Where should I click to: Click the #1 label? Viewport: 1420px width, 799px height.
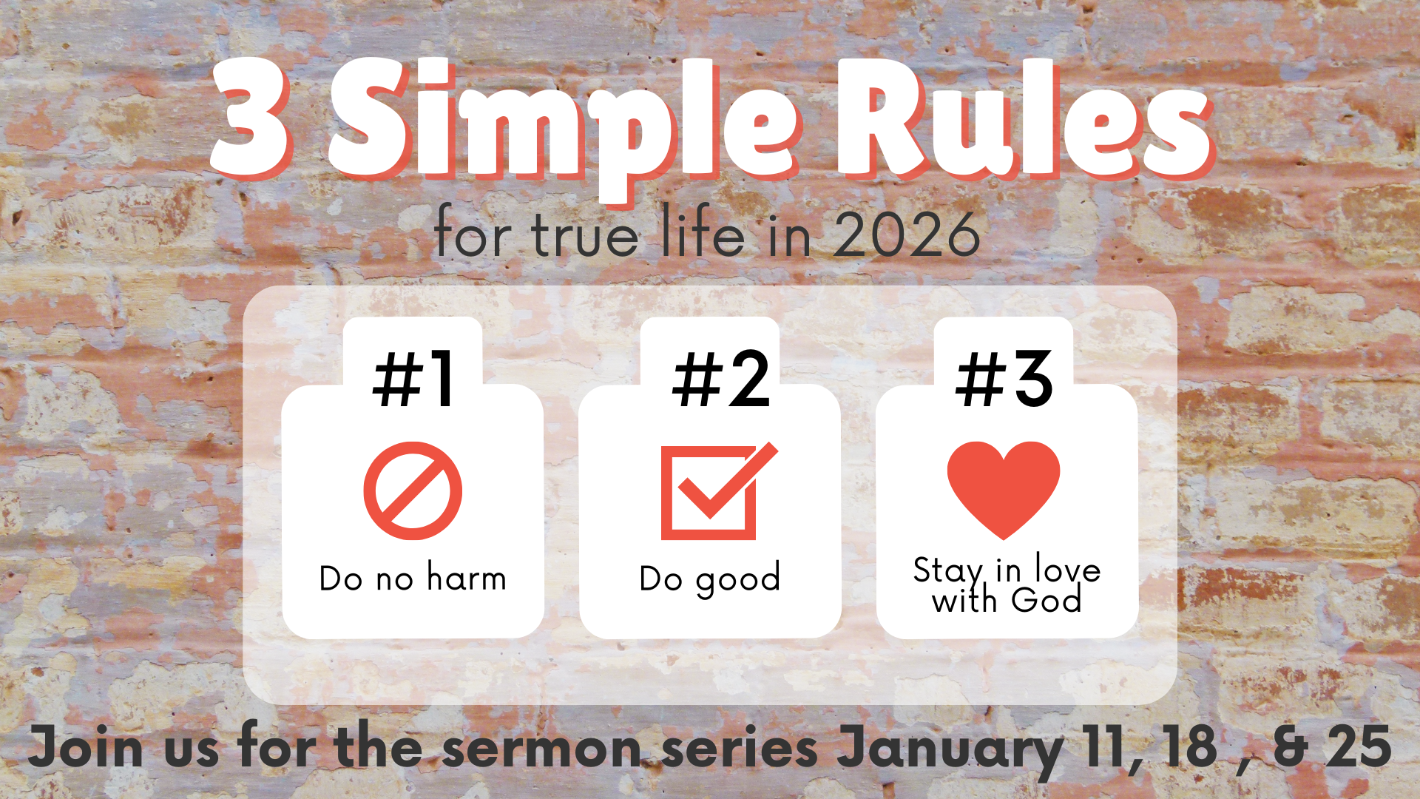tap(413, 379)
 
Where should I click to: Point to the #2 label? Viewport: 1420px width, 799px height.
tap(721, 379)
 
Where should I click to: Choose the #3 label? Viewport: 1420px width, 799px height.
tap(1004, 379)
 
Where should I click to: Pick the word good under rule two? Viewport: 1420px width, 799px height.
tap(738, 579)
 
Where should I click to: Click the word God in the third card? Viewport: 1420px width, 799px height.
tap(1046, 599)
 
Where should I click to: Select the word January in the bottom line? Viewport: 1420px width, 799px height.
tap(950, 749)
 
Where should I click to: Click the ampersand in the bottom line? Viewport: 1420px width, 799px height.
tap(1291, 747)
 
